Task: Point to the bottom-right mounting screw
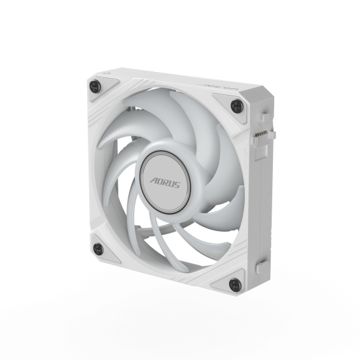click(234, 283)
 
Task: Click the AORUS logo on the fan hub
click(167, 178)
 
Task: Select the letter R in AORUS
click(167, 178)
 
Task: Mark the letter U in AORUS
click(173, 179)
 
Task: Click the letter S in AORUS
click(180, 179)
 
